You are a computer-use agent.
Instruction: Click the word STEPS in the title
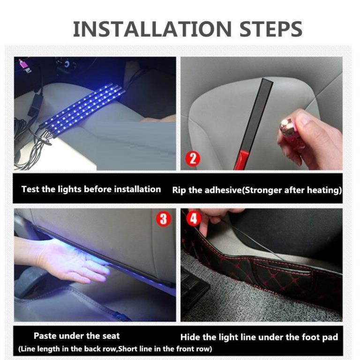271,29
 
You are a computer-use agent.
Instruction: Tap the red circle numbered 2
193,158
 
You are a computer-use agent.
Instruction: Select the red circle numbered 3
163,219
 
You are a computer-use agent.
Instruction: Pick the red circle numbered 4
194,218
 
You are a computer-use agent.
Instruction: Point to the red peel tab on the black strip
239,160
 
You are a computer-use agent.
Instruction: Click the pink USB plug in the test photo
24,66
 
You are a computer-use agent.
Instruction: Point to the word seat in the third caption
111,336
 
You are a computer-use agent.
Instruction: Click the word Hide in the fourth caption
190,337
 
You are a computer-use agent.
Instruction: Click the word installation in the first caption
137,189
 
